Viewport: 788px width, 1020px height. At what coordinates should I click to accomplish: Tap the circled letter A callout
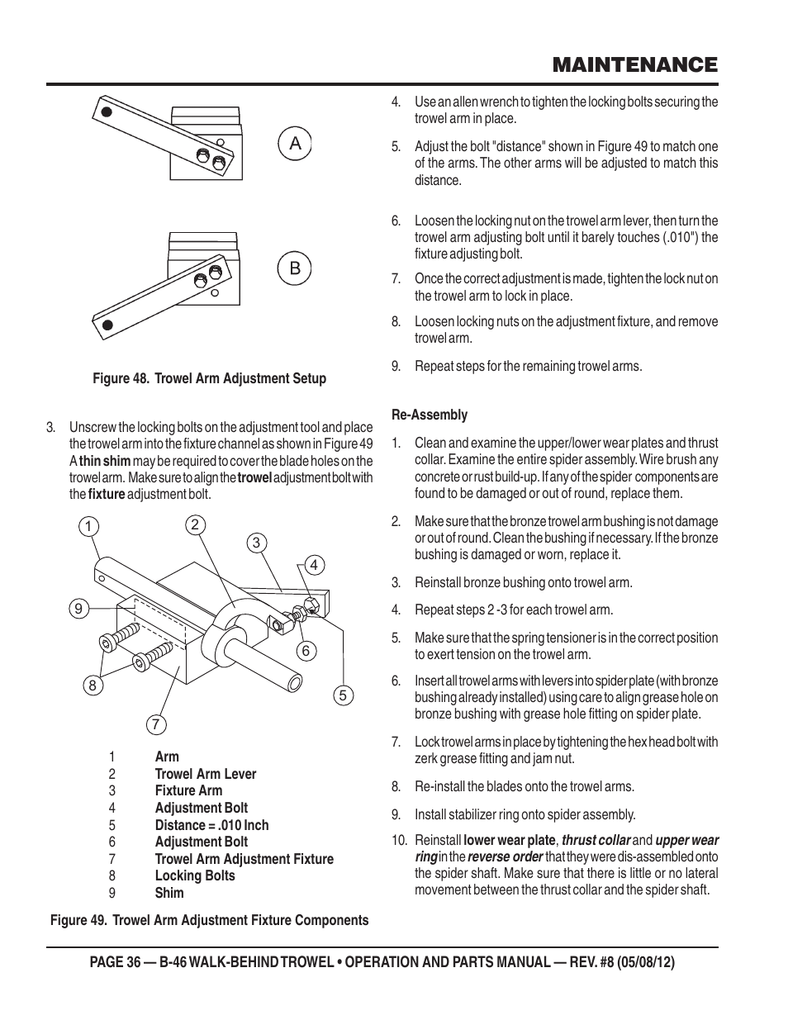pos(295,145)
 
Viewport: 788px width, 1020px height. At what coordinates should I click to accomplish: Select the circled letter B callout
pos(295,268)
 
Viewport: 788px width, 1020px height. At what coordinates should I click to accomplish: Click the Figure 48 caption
pos(209,378)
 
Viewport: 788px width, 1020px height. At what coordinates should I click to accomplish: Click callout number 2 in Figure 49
pos(194,524)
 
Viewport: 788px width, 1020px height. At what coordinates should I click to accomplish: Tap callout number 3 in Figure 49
pos(256,542)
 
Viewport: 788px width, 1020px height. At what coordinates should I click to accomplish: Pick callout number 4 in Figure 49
pos(313,565)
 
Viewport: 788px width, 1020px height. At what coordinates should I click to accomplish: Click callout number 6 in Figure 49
pos(305,651)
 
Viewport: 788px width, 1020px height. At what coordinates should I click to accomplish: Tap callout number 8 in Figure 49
pos(93,685)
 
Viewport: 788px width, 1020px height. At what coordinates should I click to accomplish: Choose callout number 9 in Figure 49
pos(78,609)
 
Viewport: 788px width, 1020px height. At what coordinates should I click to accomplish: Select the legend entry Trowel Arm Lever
pos(206,774)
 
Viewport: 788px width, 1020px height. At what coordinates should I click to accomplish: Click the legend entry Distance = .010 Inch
pos(211,825)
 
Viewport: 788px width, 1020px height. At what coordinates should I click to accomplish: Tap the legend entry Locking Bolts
pos(195,875)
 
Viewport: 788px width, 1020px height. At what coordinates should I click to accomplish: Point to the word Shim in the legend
pos(169,893)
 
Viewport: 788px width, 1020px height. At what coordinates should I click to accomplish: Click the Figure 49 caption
pos(210,920)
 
